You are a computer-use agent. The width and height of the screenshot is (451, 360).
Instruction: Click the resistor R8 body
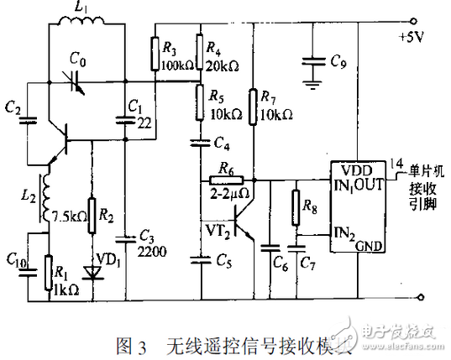(x=296, y=207)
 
